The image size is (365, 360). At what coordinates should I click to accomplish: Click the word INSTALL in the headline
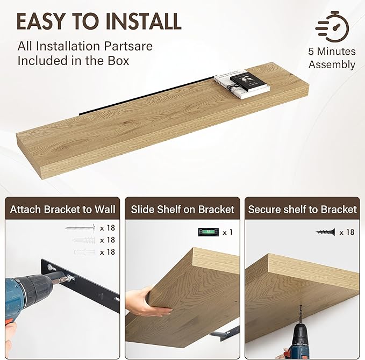(x=144, y=21)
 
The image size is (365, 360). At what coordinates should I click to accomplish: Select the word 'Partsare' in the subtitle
(x=128, y=46)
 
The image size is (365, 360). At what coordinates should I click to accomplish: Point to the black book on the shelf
(x=248, y=82)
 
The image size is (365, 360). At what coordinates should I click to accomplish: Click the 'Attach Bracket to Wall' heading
(x=62, y=209)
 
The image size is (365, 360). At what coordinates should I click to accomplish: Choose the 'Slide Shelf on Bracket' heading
(x=182, y=209)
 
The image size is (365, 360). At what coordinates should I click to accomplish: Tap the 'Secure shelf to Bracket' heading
(x=302, y=209)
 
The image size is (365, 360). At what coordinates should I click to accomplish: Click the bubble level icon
(x=209, y=232)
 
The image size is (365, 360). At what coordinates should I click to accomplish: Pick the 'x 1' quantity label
(x=227, y=232)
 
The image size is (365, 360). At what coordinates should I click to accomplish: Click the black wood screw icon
(x=325, y=232)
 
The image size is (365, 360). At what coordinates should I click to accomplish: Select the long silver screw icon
(x=80, y=228)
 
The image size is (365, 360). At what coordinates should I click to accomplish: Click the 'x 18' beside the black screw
(x=347, y=232)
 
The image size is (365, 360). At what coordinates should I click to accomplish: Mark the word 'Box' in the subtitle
(x=118, y=61)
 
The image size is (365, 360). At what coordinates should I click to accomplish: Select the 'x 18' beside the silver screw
(x=108, y=228)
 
